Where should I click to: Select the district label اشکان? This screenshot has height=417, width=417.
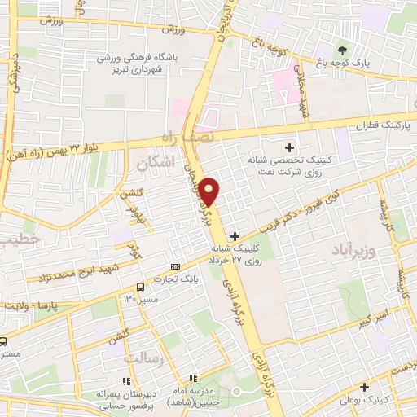pos(156,164)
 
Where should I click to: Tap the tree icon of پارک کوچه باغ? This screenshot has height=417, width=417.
pos(342,51)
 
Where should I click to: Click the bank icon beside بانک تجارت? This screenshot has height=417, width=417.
pos(176,267)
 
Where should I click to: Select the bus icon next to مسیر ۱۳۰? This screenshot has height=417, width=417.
pos(141,287)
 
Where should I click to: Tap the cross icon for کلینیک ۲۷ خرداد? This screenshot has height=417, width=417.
pos(235,235)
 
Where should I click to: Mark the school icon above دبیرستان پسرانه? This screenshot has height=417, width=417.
pos(125,380)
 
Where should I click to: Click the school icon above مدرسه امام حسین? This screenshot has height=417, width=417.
pos(193,377)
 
